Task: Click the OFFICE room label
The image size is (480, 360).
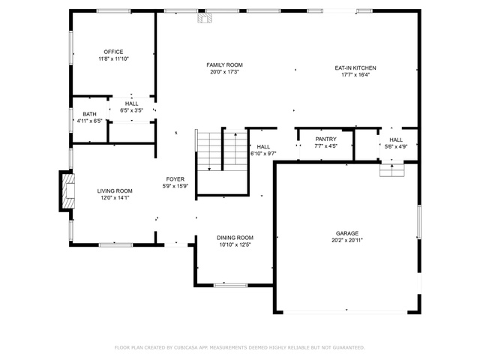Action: (113, 52)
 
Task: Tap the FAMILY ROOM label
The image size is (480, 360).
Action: (224, 65)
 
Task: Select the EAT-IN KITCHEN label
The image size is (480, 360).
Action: (355, 68)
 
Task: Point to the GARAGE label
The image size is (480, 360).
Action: (346, 233)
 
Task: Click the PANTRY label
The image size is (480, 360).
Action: (325, 139)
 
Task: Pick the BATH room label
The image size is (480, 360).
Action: (89, 114)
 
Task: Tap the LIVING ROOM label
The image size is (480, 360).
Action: (115, 191)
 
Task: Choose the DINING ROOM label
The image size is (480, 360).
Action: (235, 238)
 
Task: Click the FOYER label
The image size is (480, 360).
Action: (175, 179)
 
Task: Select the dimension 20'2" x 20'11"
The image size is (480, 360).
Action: (346, 240)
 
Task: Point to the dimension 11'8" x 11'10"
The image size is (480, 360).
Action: (113, 58)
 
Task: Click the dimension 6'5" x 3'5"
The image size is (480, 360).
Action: (131, 110)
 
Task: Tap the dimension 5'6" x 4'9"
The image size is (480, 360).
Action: (396, 147)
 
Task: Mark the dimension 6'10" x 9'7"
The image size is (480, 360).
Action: (263, 154)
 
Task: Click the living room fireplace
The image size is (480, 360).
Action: (67, 191)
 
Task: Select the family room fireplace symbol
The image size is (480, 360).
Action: (205, 18)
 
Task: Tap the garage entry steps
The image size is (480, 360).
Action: (392, 170)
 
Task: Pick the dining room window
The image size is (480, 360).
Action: (230, 285)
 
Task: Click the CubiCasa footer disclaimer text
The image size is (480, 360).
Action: (240, 348)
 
